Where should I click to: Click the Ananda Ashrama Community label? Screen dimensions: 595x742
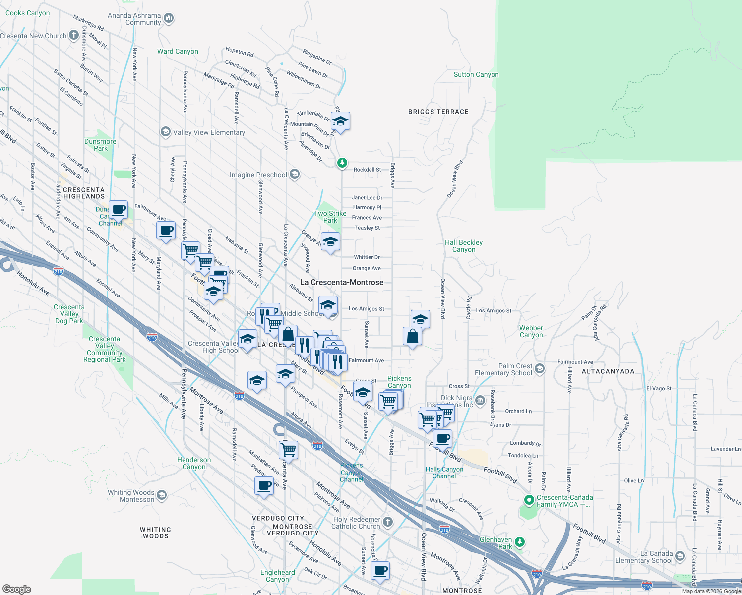click(x=134, y=19)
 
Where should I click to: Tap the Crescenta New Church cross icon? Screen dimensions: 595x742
click(x=74, y=35)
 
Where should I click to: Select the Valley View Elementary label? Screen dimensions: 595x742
click(x=209, y=132)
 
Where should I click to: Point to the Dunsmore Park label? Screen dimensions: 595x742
click(x=100, y=145)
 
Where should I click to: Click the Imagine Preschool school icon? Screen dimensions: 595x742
click(x=295, y=174)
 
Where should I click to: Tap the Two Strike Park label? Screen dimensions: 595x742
click(x=330, y=217)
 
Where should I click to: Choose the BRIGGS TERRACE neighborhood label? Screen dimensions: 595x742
click(x=438, y=112)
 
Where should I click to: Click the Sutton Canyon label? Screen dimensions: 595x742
click(x=476, y=74)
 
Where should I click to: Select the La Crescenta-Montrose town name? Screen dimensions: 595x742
click(x=342, y=282)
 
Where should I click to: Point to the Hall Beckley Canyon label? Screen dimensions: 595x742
click(x=464, y=246)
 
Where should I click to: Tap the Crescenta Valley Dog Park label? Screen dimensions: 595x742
click(x=69, y=314)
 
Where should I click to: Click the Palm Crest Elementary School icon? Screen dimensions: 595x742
click(x=540, y=368)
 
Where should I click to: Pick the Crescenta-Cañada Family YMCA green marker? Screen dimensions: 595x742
click(x=529, y=499)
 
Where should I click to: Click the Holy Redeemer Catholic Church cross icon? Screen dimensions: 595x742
click(x=388, y=522)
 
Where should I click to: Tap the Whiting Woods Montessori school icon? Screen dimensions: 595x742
click(x=161, y=495)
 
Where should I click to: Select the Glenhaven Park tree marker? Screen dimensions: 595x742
click(x=519, y=542)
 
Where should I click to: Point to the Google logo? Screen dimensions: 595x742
click(x=17, y=589)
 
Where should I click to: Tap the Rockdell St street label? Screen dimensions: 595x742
click(x=367, y=170)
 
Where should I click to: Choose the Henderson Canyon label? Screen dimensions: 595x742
click(x=194, y=463)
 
